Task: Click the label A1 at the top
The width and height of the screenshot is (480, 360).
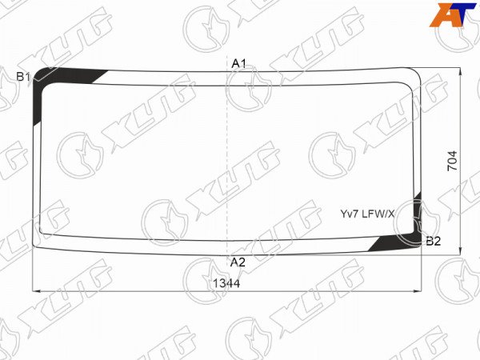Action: click(x=238, y=63)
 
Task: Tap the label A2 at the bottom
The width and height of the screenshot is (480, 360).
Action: click(x=238, y=262)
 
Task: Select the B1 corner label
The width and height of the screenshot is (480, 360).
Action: click(x=23, y=77)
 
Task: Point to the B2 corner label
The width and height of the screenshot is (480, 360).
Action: click(x=433, y=242)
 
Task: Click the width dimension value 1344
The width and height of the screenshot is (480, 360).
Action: click(x=226, y=283)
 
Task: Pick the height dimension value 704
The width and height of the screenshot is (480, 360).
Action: click(x=452, y=161)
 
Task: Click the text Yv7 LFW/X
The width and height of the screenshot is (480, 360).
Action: click(x=368, y=214)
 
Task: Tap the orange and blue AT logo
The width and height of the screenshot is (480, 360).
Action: click(x=453, y=14)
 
